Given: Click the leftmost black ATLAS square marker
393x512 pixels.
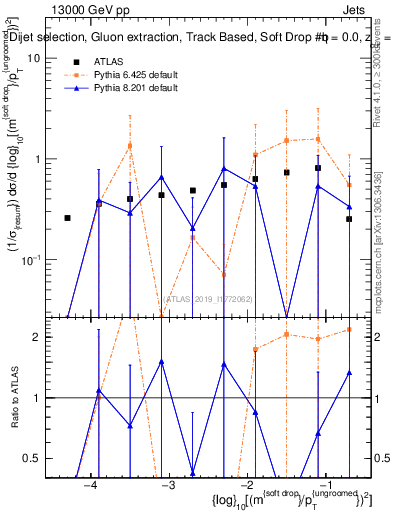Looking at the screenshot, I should tap(68, 218).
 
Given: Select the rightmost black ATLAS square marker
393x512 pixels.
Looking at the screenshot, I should tap(349, 219).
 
